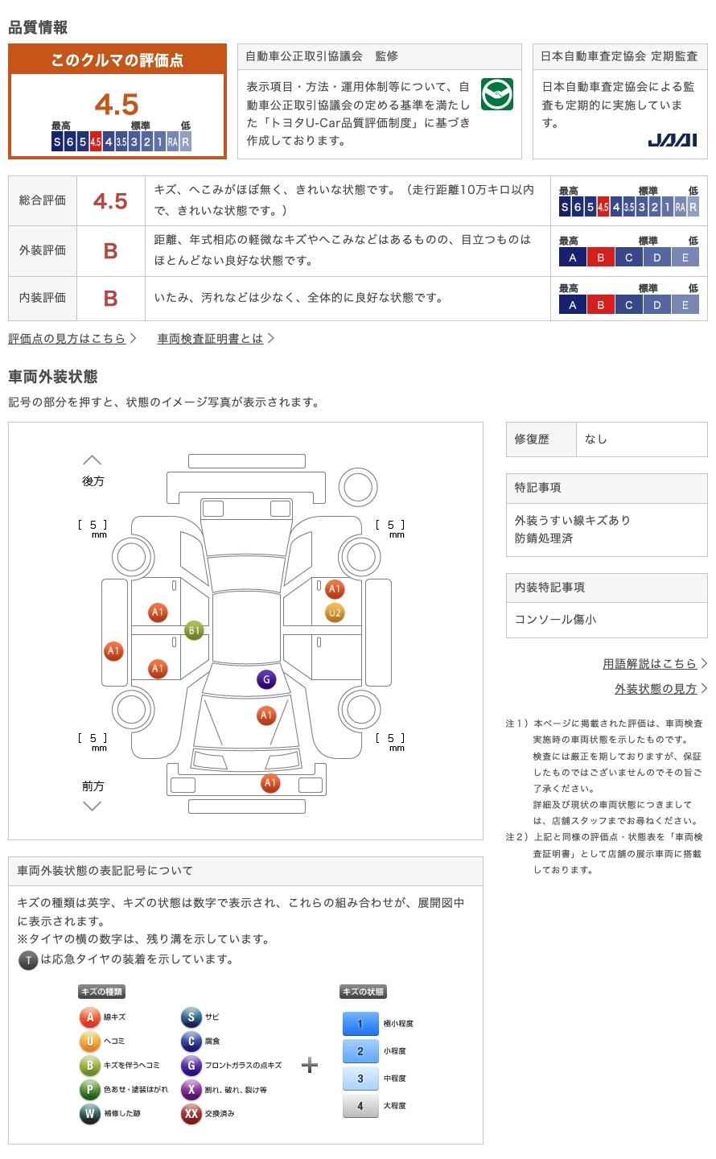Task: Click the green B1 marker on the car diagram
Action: pos(194,630)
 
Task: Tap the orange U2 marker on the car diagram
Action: pos(335,613)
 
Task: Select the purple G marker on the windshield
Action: pos(266,679)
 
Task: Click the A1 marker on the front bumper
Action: pos(270,783)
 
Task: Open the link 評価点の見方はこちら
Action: pos(68,339)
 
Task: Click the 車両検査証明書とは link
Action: pos(211,339)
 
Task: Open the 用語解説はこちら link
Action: pos(649,664)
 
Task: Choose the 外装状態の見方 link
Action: pos(656,689)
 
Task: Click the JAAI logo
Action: pos(672,140)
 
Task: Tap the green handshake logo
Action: pos(496,95)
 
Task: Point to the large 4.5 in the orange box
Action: pos(117,105)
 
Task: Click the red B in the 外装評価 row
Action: pos(111,251)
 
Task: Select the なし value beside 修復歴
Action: pos(596,439)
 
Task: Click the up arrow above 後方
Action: pos(93,460)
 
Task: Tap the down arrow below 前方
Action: pos(93,806)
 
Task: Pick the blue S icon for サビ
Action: pos(191,1017)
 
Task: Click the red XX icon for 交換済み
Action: pos(191,1114)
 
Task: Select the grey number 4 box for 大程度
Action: pos(360,1106)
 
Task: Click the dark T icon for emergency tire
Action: pos(28,959)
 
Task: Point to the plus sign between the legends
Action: pos(310,1066)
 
